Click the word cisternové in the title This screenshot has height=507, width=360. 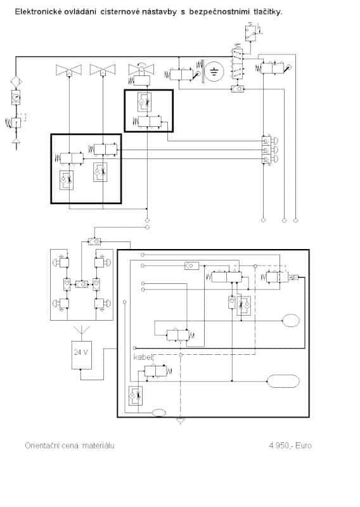click(120, 11)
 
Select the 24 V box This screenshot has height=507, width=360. click(81, 355)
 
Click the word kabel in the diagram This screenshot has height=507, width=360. click(143, 357)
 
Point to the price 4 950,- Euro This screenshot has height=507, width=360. click(290, 446)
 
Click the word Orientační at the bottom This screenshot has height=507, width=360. click(41, 446)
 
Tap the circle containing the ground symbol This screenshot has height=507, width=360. click(214, 71)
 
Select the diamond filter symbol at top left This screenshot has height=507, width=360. click(15, 81)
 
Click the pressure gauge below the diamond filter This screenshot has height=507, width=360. click(15, 97)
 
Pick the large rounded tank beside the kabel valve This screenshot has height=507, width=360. click(283, 382)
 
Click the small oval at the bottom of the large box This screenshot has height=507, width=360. click(159, 413)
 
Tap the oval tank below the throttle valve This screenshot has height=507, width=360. click(291, 321)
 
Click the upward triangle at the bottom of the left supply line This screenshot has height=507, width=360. click(15, 141)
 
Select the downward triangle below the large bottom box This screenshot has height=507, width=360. click(181, 421)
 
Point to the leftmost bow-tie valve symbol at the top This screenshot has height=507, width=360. click(69, 70)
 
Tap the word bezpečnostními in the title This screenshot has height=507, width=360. click(219, 11)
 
